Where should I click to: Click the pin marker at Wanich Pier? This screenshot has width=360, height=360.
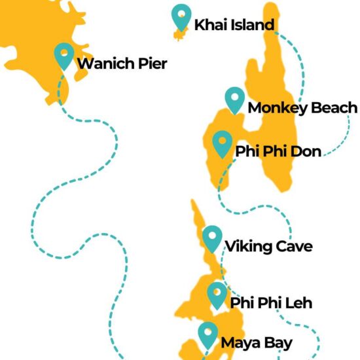(x=63, y=54)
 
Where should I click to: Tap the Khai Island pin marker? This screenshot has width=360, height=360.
(x=181, y=16)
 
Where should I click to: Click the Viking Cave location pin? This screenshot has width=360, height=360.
(x=212, y=238)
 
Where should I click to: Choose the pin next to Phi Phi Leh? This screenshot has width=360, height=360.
(x=217, y=295)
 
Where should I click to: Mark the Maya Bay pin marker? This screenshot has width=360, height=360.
(x=208, y=334)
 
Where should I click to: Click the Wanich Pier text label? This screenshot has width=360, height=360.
(x=122, y=63)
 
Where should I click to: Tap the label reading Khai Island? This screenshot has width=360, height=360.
(x=234, y=26)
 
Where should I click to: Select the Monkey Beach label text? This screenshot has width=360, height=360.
(x=302, y=108)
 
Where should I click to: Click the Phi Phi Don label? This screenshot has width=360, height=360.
(x=278, y=152)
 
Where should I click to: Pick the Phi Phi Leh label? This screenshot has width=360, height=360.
(x=271, y=303)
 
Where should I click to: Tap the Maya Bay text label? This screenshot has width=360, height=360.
(x=256, y=342)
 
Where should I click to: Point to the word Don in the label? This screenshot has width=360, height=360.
(x=304, y=152)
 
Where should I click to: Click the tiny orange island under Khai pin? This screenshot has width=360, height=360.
(x=178, y=33)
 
